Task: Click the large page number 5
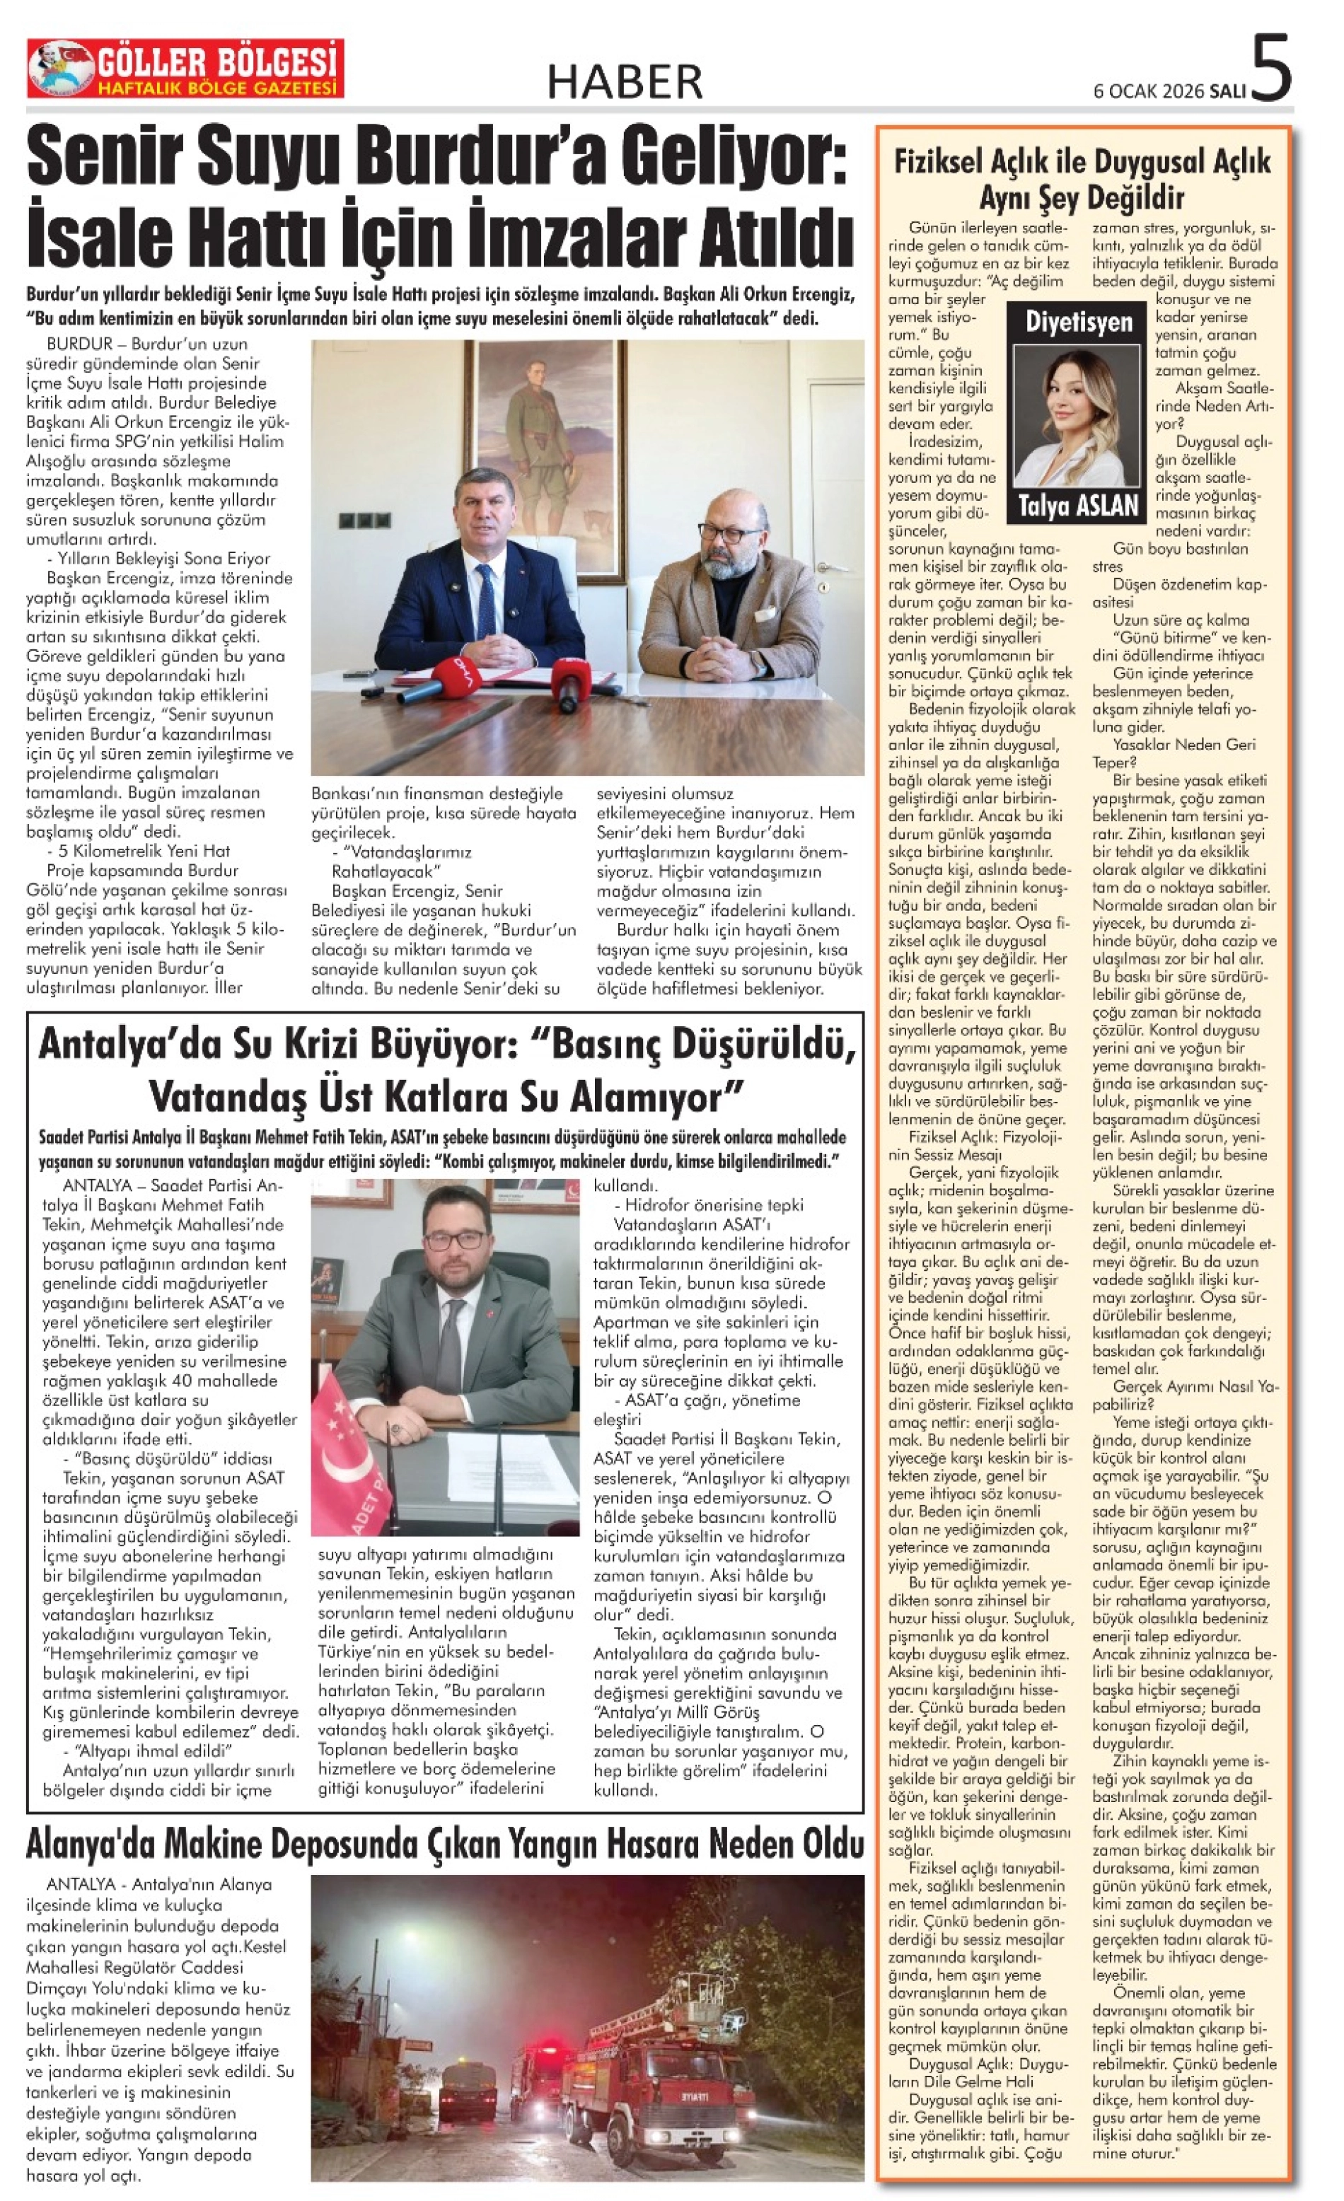point(1272,68)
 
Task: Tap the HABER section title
point(625,83)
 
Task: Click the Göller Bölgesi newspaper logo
point(185,69)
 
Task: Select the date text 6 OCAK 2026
point(1149,91)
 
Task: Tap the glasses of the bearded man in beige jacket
point(731,533)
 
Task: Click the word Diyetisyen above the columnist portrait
point(1078,322)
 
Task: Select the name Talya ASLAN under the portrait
point(1078,506)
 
